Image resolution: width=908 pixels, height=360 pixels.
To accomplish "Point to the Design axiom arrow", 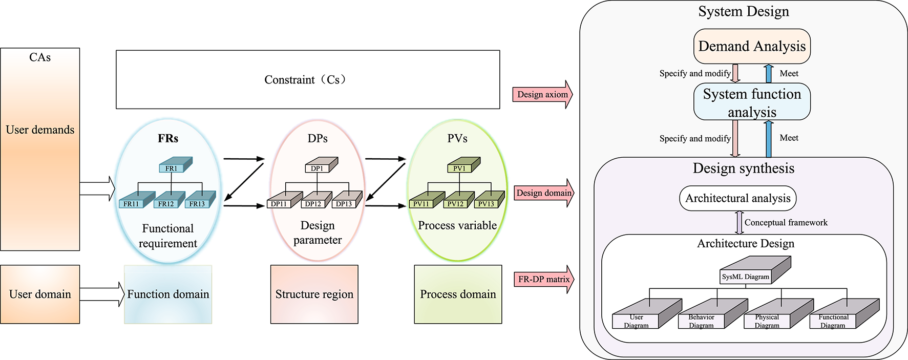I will point(542,95).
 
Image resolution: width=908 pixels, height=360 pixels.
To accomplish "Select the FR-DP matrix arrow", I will point(543,280).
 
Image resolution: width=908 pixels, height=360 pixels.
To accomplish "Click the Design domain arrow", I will point(543,193).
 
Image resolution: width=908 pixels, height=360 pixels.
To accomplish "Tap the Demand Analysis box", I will point(751,47).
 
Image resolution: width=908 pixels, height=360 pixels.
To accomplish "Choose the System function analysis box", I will point(751,102).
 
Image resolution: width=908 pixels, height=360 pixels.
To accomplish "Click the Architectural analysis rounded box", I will point(737,199).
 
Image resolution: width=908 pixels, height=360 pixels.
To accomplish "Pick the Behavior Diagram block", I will point(709,316).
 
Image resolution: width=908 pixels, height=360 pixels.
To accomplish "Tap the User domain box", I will point(40,294).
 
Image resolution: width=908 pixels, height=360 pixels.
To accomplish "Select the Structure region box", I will point(314,294).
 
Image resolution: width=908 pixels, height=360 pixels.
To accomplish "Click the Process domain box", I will point(458,294).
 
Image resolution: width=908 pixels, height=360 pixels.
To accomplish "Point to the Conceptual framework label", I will point(786,223).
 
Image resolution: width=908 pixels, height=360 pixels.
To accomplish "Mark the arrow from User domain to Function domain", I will point(102,294).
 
